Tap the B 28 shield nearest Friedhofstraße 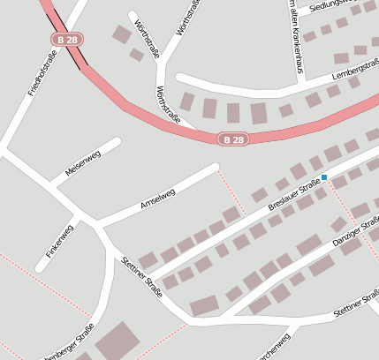[65, 40]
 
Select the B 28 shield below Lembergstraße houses [233, 139]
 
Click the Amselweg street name [158, 200]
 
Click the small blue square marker [324, 177]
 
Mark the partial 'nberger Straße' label [69, 345]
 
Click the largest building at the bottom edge [117, 341]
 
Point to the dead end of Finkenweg [42, 266]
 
